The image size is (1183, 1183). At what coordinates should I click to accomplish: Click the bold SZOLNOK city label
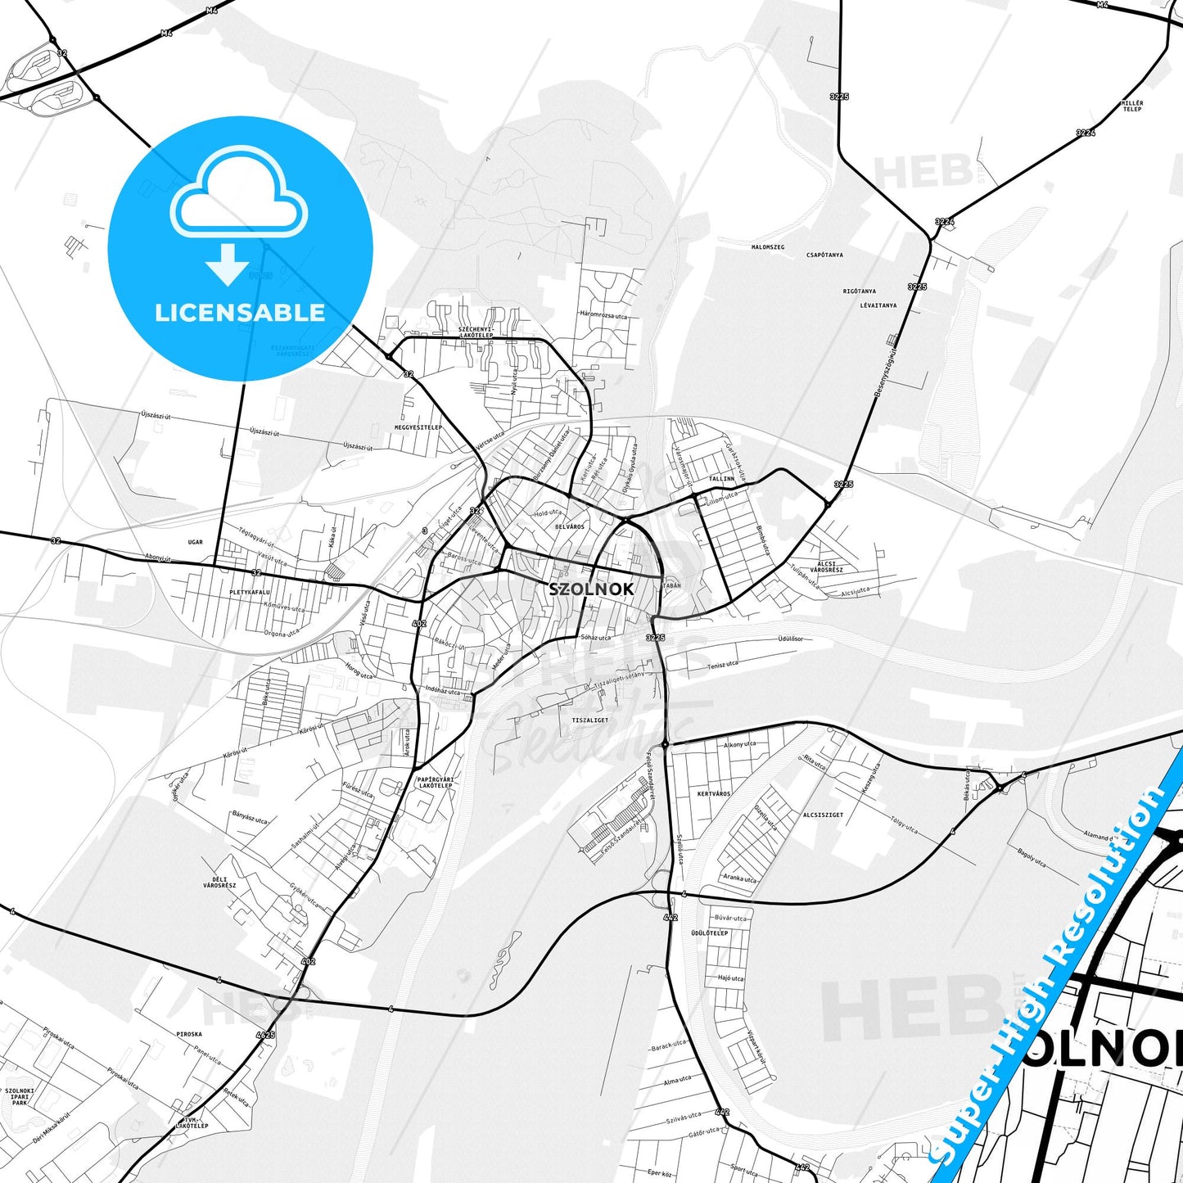tap(591, 589)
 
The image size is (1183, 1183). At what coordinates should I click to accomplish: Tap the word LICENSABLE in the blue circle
tap(240, 312)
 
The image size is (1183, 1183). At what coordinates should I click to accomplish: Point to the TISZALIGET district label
tap(590, 720)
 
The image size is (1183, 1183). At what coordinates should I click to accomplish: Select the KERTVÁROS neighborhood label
tap(713, 793)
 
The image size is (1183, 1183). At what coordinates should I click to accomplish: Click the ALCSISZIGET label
tap(823, 815)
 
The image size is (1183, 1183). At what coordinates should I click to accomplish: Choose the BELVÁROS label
tap(569, 526)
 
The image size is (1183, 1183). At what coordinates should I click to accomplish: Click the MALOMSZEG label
tap(768, 246)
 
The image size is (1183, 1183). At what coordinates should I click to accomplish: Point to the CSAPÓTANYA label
tap(824, 255)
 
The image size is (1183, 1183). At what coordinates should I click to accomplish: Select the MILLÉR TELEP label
tap(1132, 106)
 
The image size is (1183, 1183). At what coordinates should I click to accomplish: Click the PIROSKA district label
tap(189, 1034)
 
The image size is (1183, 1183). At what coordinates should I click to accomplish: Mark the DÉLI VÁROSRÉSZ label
tap(219, 883)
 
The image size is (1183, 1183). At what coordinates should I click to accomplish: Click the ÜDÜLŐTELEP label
tap(709, 932)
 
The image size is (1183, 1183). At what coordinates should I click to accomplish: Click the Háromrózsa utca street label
tap(603, 315)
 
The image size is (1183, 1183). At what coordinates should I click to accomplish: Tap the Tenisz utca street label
tap(723, 666)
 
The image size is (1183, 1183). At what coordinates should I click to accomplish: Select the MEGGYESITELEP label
tap(418, 427)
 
